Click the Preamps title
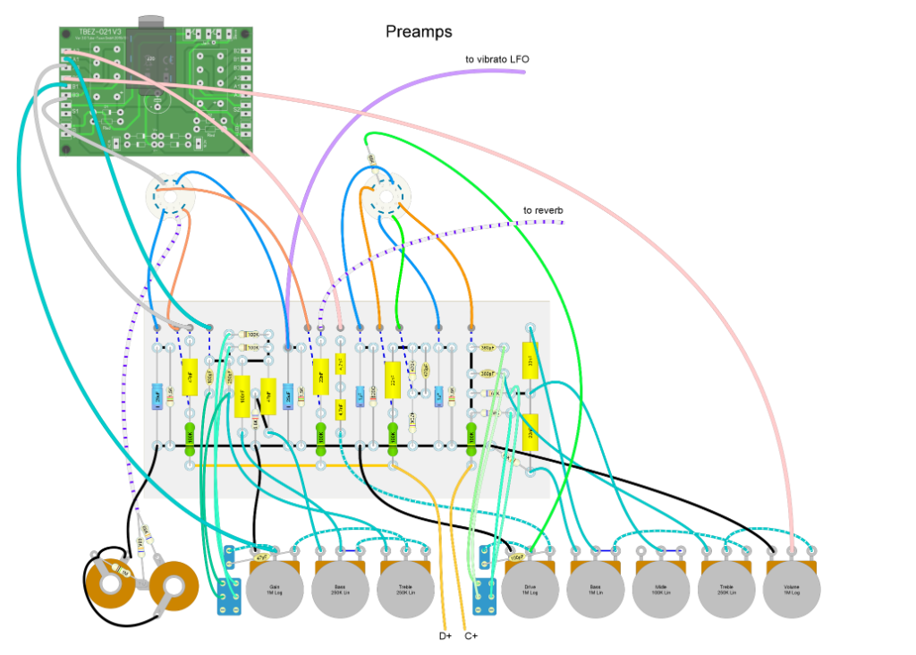[x=419, y=32]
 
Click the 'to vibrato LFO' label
[x=496, y=59]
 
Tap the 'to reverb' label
[x=543, y=211]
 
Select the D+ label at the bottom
[x=445, y=636]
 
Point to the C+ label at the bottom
[x=471, y=636]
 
